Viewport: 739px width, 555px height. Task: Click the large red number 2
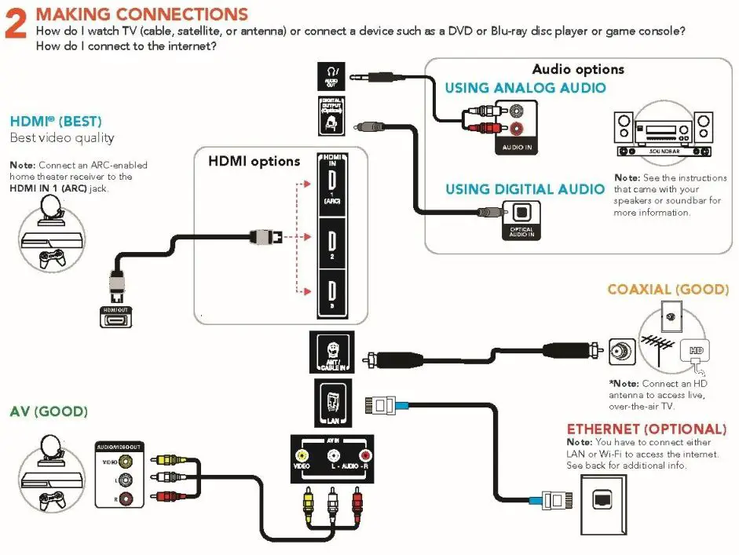[18, 24]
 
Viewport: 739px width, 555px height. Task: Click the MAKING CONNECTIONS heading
[142, 14]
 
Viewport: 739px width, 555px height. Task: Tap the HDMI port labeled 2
[331, 239]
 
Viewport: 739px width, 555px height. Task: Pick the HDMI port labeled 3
[331, 292]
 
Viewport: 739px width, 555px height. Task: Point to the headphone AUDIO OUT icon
[331, 76]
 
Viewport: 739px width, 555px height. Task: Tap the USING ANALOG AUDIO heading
[525, 88]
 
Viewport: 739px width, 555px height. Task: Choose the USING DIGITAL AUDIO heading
[525, 189]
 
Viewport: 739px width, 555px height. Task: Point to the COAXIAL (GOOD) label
[668, 290]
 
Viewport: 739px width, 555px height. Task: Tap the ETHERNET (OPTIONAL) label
[646, 429]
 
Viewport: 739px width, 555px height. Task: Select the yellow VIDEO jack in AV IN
[302, 455]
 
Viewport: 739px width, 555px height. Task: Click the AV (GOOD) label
[49, 411]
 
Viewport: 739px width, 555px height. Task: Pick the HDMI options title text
[254, 162]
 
